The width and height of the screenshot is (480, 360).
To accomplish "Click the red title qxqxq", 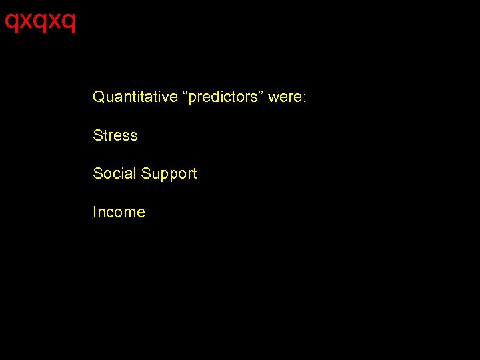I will [40, 21].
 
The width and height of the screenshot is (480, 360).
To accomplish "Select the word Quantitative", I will [135, 97].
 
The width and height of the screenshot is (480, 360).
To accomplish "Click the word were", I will [285, 97].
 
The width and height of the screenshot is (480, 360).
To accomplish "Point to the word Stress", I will [115, 135].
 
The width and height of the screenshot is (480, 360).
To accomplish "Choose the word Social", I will [113, 173].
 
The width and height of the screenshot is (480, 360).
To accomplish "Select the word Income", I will [119, 212].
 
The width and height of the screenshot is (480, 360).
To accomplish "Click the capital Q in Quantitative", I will [99, 97].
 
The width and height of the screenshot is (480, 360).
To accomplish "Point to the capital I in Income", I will [95, 212].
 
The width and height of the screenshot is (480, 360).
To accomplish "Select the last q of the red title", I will [69, 23].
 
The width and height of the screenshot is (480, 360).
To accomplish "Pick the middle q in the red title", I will [40, 23].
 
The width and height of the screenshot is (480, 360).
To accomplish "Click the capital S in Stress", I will [98, 135].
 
